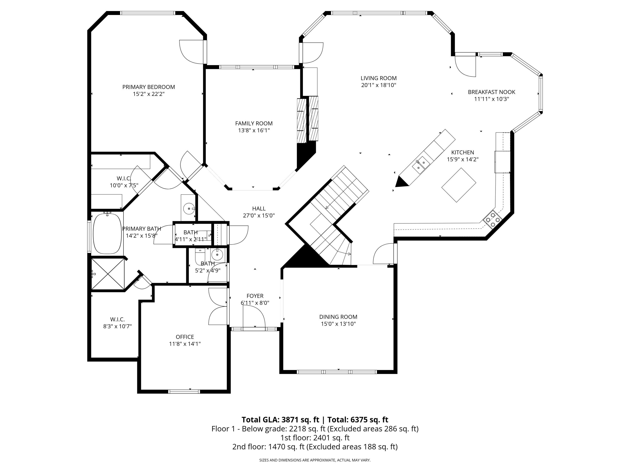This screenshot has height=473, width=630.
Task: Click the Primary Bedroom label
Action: point(148,87)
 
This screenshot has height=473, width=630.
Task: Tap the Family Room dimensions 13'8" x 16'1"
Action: point(254,130)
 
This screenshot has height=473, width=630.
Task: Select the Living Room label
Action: point(379,78)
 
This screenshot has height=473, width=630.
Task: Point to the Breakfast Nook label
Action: point(491,92)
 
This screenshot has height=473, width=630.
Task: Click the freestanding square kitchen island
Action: point(459,185)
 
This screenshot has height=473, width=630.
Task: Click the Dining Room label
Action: point(338,317)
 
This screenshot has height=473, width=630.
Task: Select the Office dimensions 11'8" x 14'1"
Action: point(185,344)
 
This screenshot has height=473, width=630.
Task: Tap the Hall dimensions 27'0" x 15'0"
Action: point(259,216)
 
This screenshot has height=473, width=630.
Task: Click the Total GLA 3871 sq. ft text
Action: point(280,420)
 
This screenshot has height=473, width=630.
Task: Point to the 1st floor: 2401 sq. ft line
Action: point(315,438)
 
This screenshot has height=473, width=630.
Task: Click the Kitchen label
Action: point(462,153)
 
